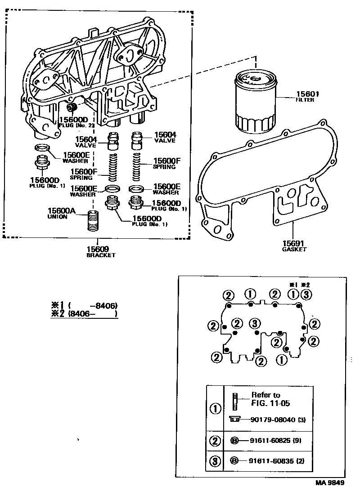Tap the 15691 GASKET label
coord(294,245)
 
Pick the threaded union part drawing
coord(92,221)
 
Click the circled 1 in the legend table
coord(216,409)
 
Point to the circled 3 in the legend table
coord(216,461)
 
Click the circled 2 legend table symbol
coord(216,440)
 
